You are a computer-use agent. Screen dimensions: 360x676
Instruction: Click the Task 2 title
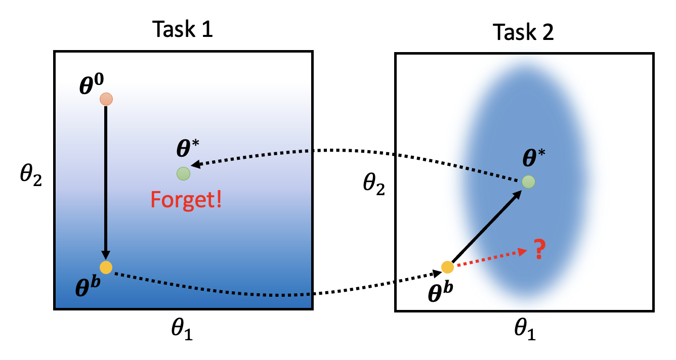524,33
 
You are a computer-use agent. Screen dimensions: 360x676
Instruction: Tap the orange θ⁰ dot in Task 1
106,99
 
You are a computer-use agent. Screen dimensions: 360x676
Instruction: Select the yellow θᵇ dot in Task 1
106,267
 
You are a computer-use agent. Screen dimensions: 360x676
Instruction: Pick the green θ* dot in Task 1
183,174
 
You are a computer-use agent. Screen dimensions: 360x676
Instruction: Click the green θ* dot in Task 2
528,181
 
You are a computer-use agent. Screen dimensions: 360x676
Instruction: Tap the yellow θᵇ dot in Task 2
447,267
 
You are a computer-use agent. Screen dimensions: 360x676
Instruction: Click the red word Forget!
186,201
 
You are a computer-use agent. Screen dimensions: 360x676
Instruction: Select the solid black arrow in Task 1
106,182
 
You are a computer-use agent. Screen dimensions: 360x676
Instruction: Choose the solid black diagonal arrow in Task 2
486,226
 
